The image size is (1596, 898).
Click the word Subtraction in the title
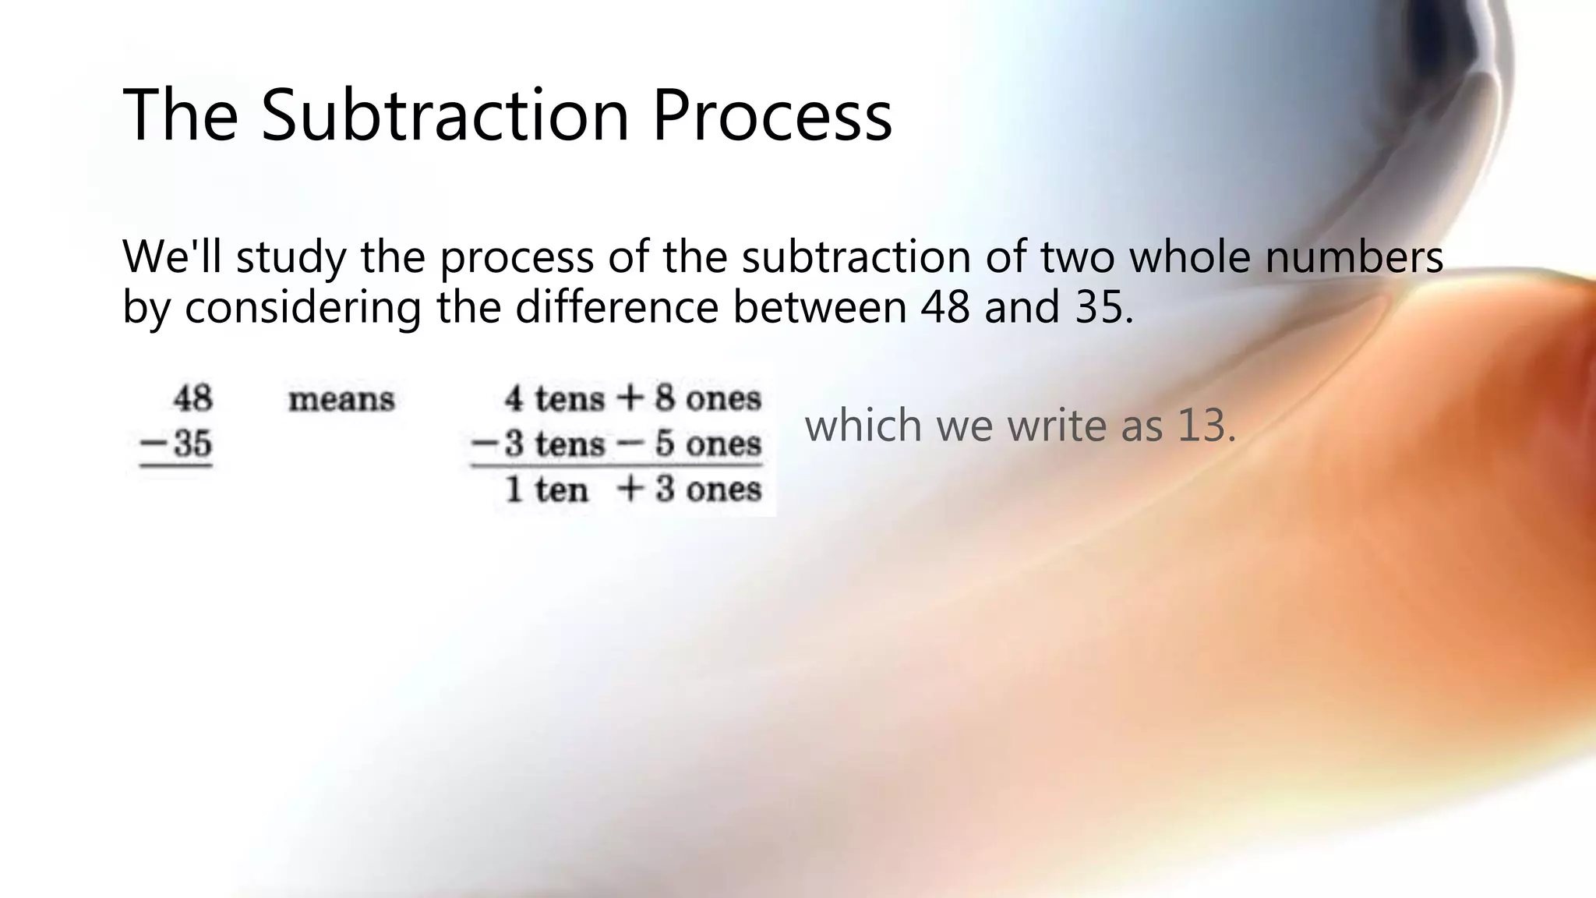pyautogui.click(x=445, y=115)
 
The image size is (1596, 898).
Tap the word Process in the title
pyautogui.click(x=772, y=115)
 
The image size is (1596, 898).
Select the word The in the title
pyautogui.click(x=180, y=115)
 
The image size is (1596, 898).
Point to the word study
pyautogui.click(x=291, y=257)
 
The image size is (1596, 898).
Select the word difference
pyautogui.click(x=616, y=306)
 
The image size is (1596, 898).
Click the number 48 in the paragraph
pyautogui.click(x=945, y=306)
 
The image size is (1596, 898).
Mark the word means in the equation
pyautogui.click(x=341, y=400)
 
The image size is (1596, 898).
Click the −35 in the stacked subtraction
pyautogui.click(x=175, y=444)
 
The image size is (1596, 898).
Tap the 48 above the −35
pyautogui.click(x=192, y=398)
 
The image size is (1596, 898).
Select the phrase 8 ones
pyautogui.click(x=708, y=398)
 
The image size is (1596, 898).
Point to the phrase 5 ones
pyautogui.click(x=708, y=444)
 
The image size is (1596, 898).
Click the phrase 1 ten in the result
pyautogui.click(x=546, y=490)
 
